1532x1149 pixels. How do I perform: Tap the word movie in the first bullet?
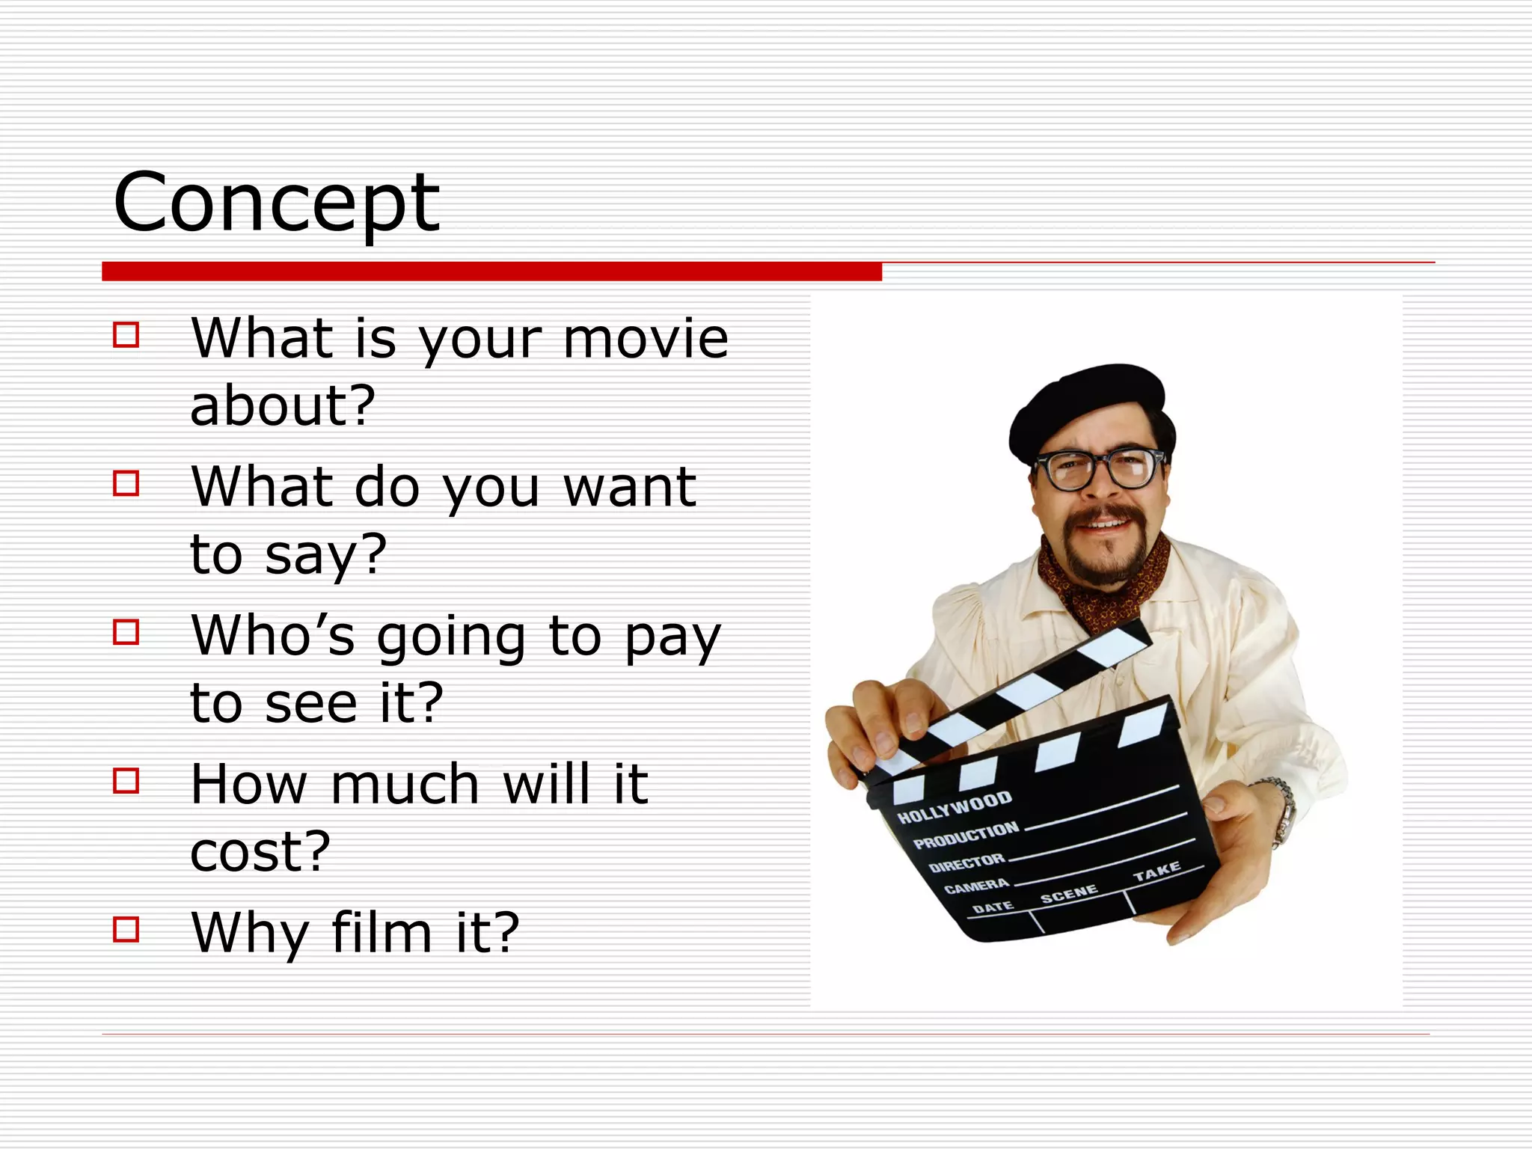point(646,339)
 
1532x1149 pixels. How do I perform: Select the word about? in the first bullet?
point(282,406)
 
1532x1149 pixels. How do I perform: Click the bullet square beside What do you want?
point(126,483)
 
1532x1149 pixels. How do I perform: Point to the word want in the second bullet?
point(630,488)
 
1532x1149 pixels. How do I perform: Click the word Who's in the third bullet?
point(272,636)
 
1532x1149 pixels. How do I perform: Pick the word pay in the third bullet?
point(672,640)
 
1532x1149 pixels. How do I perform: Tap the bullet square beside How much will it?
point(126,781)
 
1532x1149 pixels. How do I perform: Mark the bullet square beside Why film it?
point(126,929)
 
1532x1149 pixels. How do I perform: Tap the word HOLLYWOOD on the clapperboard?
point(955,807)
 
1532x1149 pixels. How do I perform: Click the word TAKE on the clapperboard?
point(1156,872)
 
